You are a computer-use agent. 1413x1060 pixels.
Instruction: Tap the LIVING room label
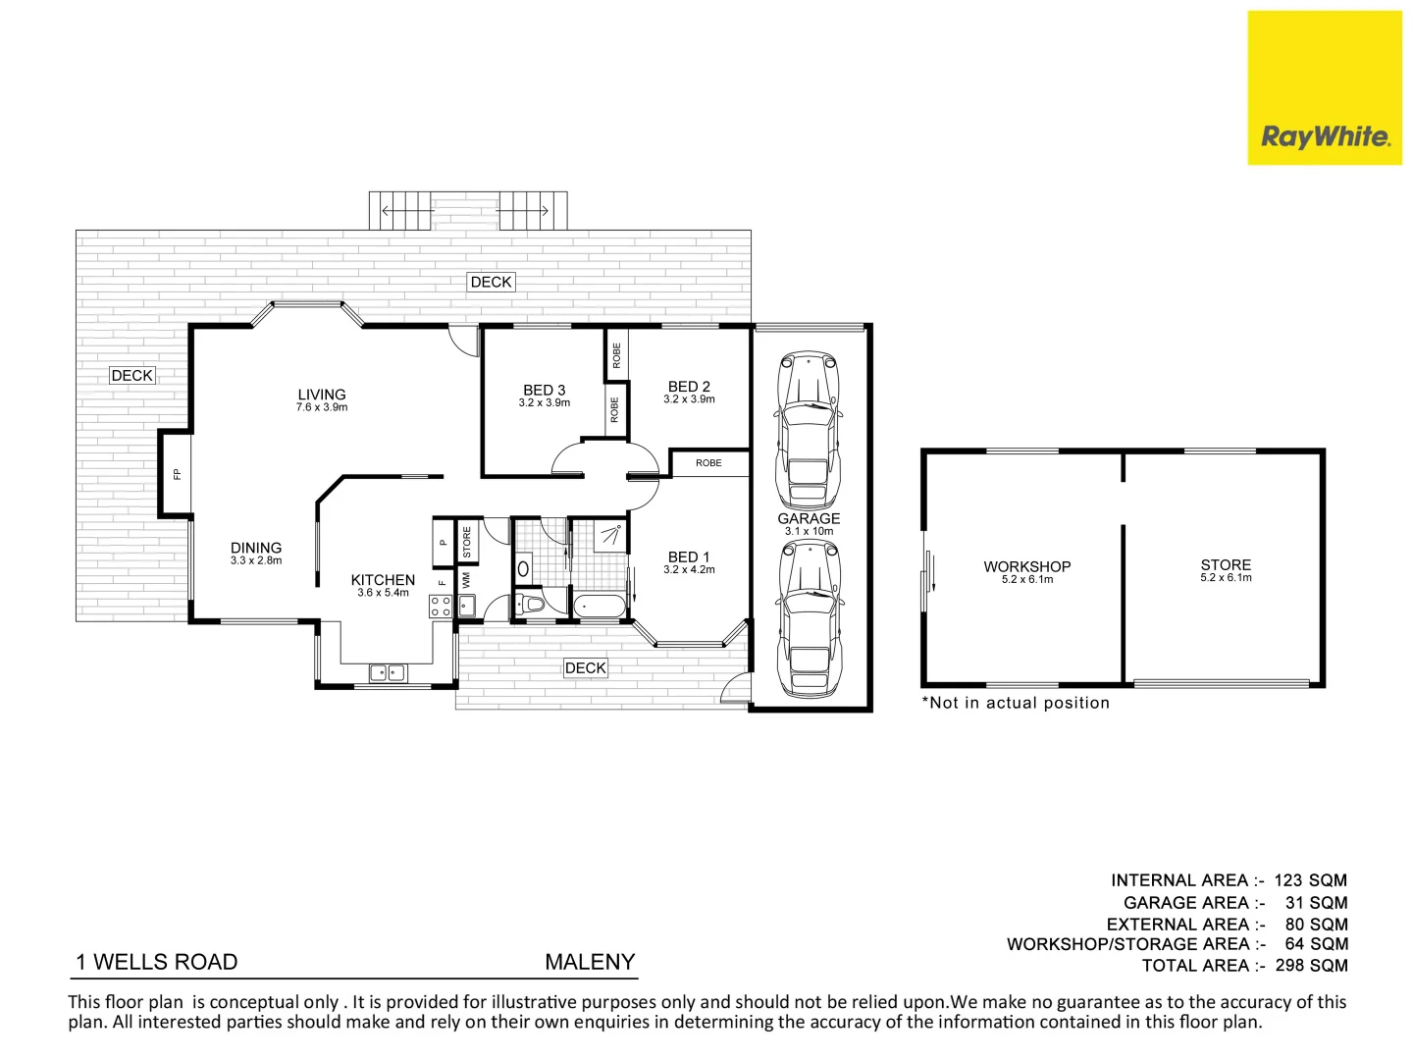322,395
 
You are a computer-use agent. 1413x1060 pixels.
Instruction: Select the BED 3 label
544,390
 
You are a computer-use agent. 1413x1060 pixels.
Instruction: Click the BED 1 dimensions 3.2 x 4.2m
689,569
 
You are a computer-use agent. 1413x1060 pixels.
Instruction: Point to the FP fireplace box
177,474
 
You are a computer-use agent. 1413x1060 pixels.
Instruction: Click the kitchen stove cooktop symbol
441,606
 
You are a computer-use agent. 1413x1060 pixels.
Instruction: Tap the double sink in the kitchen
387,672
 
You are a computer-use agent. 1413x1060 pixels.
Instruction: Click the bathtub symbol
600,607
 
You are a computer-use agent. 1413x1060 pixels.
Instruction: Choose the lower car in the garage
808,618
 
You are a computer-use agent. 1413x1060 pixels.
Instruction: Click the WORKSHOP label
1026,566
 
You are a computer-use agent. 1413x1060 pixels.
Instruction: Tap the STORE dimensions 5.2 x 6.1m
1226,578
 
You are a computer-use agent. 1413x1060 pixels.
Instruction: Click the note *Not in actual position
1016,703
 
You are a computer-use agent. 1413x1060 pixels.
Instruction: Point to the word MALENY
590,962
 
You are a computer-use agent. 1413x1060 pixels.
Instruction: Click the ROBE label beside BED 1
708,463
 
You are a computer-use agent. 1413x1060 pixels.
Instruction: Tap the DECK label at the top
491,283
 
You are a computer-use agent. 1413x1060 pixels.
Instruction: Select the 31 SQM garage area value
1316,903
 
